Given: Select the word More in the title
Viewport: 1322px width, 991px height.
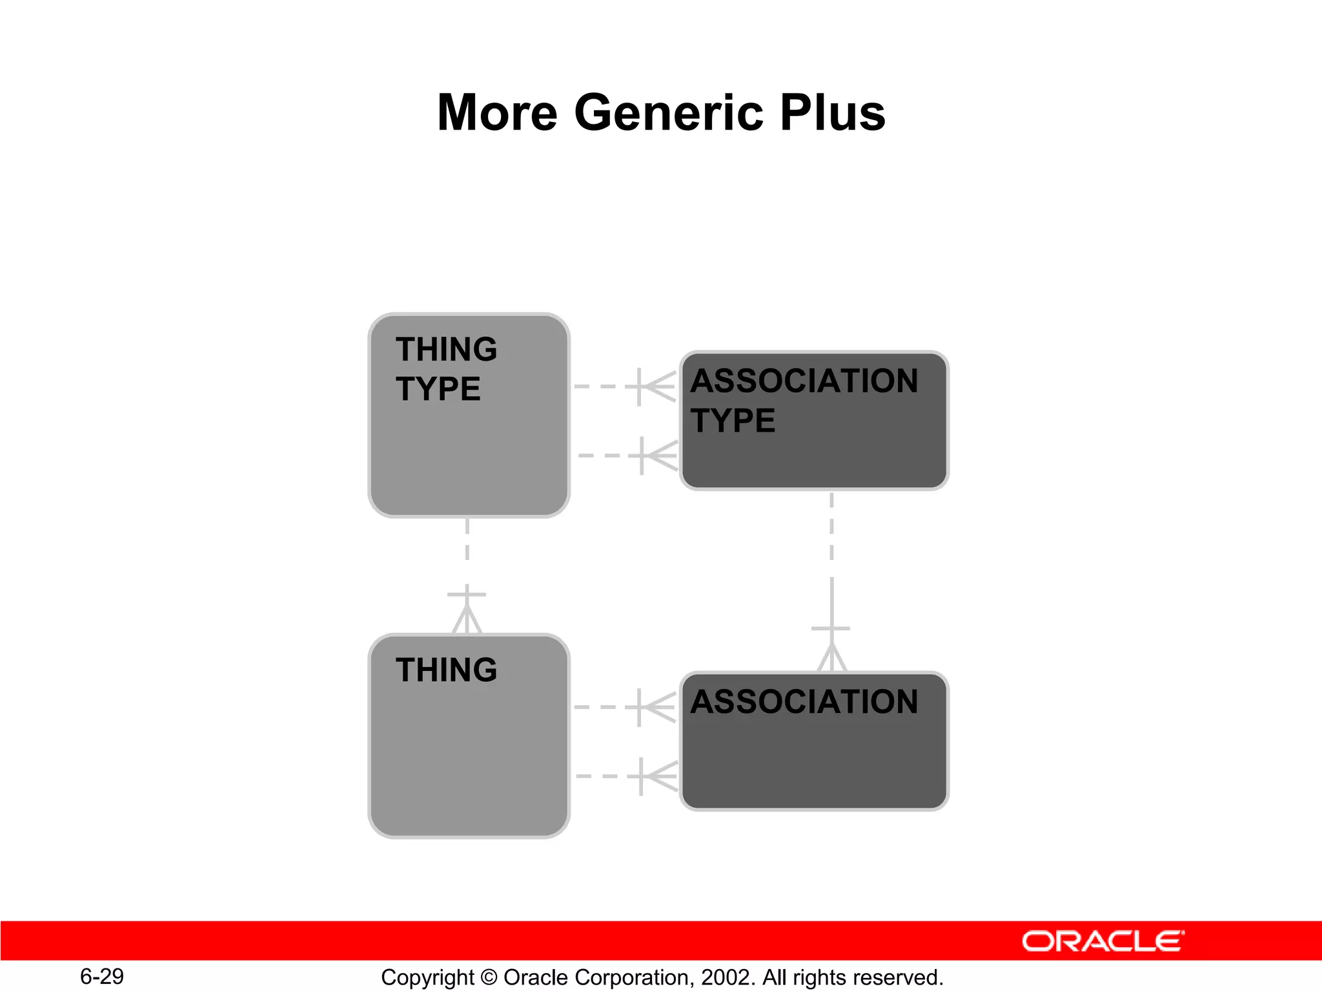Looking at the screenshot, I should coord(497,113).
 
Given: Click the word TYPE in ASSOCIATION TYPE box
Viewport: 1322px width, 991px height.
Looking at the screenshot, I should coord(733,421).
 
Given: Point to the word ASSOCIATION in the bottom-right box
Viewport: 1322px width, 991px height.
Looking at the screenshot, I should coord(804,702).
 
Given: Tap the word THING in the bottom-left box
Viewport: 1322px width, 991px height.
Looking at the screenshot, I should coord(447,670).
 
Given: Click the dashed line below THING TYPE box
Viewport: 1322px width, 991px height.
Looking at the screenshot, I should coord(467,548).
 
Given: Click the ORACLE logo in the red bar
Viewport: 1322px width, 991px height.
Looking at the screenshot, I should coord(1103,941).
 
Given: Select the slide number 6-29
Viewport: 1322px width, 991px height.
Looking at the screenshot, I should coord(102,976).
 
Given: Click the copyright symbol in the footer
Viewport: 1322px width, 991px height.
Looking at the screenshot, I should coord(489,977).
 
